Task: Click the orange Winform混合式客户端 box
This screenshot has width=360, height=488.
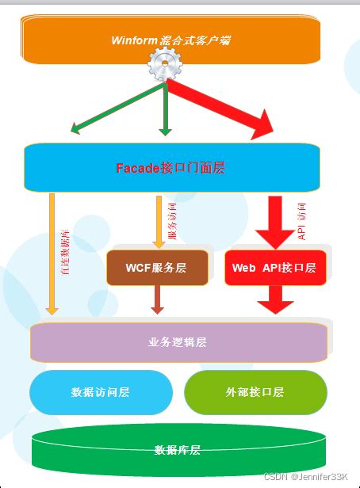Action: coord(171,40)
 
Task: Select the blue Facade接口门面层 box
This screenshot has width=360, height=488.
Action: coord(171,167)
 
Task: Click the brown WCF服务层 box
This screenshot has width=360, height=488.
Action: coord(157,268)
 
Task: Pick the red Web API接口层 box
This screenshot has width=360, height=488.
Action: coord(275,268)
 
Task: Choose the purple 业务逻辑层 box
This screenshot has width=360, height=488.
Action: coord(178,342)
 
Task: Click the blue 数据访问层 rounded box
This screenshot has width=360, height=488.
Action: coord(101,392)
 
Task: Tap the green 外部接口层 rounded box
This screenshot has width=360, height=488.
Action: coord(255,392)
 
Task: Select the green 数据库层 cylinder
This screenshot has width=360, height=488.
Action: coord(178,449)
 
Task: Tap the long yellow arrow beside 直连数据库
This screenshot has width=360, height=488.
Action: coord(52,254)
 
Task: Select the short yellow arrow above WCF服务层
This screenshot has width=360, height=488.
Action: coord(158,220)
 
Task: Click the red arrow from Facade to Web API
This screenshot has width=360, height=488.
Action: coord(275,222)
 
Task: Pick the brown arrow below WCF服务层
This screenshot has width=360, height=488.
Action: coord(157,299)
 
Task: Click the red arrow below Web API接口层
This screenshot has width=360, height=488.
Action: coord(275,299)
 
